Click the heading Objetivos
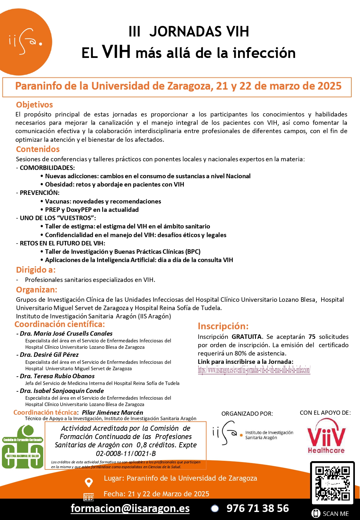[34, 105]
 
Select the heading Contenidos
[38, 149]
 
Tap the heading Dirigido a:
[36, 270]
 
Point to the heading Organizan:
[36, 290]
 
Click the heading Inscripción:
[223, 326]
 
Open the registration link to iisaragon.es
[254, 370]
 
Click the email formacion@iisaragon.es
[130, 508]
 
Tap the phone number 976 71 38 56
[258, 508]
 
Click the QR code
[332, 483]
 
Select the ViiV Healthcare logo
[326, 436]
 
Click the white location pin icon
[89, 482]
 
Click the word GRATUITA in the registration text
[246, 337]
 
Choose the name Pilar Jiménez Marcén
[112, 412]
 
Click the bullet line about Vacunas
[103, 201]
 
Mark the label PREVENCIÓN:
[39, 193]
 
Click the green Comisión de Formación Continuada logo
[23, 447]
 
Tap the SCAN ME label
[335, 514]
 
